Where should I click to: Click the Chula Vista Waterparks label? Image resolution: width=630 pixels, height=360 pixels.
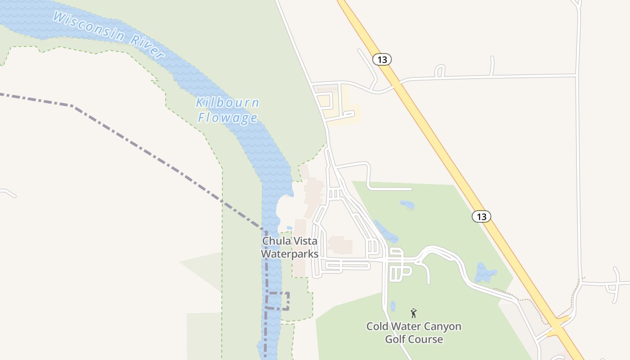(x=290, y=247)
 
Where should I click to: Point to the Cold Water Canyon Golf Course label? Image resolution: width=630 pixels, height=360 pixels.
(x=414, y=332)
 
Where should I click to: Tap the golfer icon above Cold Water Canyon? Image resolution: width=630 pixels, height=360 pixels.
(x=414, y=313)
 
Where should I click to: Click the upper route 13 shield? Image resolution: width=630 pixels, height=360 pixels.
(x=382, y=59)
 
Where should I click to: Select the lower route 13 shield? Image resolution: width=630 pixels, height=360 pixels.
(x=481, y=216)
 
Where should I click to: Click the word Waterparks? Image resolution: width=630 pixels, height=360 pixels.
(x=290, y=254)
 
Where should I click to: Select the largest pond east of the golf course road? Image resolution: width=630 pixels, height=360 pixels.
(x=486, y=273)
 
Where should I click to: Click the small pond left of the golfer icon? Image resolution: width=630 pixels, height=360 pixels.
(x=393, y=306)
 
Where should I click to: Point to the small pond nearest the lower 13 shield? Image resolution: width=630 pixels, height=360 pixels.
(x=407, y=205)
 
